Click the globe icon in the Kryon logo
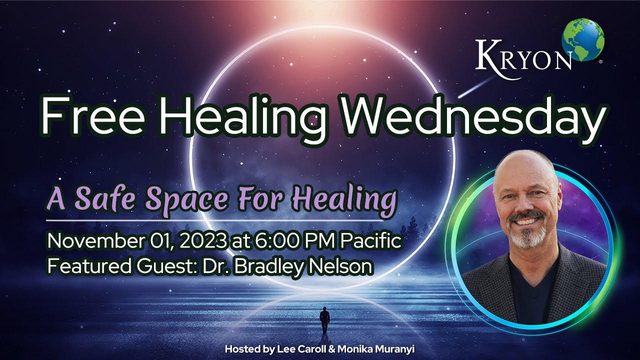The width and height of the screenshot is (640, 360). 582,39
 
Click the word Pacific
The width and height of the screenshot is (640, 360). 371,242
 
